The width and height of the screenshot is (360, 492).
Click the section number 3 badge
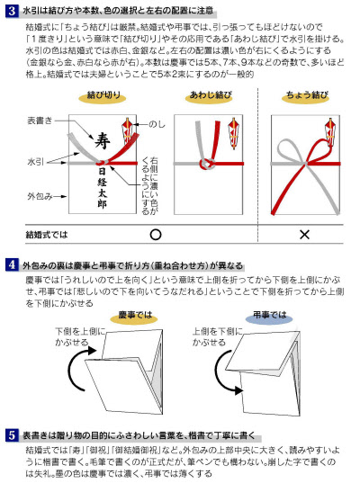click(x=9, y=9)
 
